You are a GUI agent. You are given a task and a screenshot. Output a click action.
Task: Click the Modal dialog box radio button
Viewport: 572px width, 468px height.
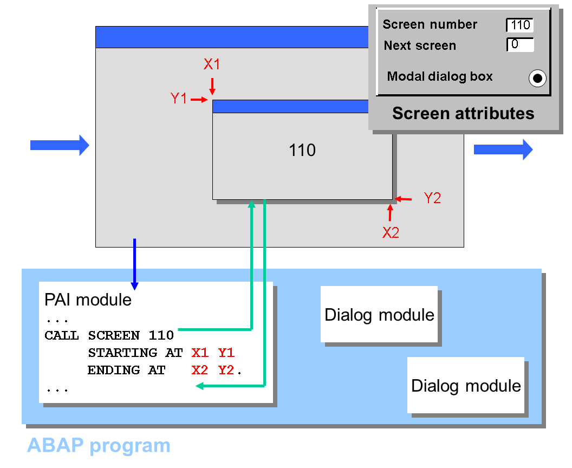pos(537,79)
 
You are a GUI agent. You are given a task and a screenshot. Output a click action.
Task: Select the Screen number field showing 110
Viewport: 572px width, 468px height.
pos(520,25)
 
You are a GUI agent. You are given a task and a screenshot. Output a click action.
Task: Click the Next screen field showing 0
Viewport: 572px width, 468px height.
pos(520,44)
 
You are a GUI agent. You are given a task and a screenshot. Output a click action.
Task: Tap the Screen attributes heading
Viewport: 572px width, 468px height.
pos(463,113)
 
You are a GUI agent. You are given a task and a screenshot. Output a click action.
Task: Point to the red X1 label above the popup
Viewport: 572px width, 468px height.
pos(212,64)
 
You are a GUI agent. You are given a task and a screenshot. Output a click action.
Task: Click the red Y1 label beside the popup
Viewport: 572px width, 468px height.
pos(179,99)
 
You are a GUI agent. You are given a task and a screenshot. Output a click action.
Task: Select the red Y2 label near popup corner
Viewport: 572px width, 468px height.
pos(432,198)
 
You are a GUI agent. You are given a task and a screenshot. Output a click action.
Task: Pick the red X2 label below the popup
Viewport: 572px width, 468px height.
pos(391,233)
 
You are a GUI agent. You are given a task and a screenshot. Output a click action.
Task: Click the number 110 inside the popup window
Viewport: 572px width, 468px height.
pos(302,150)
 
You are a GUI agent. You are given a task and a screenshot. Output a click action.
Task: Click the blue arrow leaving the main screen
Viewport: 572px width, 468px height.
pos(503,149)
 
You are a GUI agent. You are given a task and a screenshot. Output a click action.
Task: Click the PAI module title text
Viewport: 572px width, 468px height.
pos(88,300)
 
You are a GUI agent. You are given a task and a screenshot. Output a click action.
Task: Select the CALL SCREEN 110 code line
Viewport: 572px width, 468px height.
pos(109,335)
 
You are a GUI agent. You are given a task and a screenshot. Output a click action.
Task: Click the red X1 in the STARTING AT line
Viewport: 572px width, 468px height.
pos(200,353)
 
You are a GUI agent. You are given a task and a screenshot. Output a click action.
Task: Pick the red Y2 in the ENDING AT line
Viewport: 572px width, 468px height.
pos(226,370)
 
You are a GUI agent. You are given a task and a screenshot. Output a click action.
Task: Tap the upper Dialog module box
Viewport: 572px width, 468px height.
pos(379,315)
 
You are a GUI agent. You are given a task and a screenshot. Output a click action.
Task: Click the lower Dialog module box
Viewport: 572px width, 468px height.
pos(466,386)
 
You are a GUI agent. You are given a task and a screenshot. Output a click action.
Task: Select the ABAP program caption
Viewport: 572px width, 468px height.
pos(99,445)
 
